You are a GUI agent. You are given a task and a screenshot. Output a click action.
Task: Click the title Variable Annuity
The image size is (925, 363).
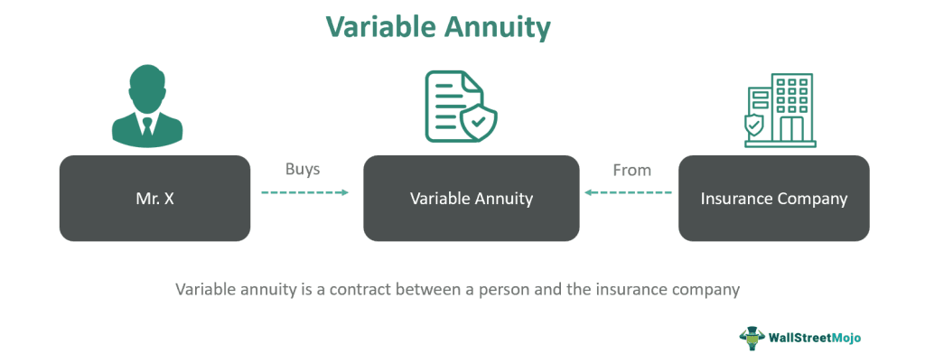(x=462, y=27)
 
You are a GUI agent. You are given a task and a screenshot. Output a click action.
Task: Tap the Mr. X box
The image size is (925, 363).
(x=154, y=199)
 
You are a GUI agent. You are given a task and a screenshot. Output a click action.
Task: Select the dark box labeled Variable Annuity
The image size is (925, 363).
(x=471, y=199)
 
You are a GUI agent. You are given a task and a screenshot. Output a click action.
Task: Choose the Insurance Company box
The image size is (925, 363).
(x=773, y=199)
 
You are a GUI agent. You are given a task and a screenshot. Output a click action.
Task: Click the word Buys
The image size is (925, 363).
(x=303, y=170)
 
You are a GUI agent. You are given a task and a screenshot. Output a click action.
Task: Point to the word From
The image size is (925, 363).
(x=631, y=170)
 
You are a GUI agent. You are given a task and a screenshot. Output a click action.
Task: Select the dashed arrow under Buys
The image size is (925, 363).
(x=304, y=192)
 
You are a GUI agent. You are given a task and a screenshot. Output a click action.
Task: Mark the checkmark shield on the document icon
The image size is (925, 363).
(x=478, y=122)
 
